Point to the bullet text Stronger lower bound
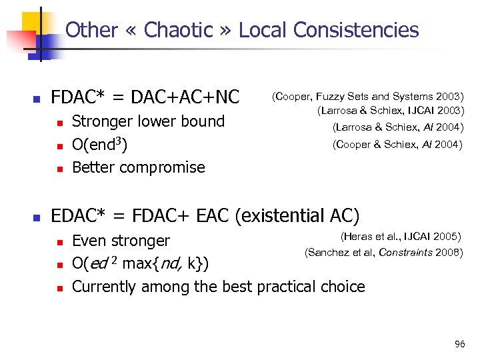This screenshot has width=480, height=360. (148, 121)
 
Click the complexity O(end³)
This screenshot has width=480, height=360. (99, 145)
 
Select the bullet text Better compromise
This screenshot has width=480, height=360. (138, 167)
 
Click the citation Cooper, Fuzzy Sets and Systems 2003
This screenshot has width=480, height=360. (367, 97)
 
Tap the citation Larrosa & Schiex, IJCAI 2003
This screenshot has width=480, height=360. (390, 111)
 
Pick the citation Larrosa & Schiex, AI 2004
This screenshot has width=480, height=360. (397, 128)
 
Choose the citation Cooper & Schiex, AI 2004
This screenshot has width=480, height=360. (397, 144)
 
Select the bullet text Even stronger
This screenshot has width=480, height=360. (121, 240)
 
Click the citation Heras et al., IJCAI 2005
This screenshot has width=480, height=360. (401, 236)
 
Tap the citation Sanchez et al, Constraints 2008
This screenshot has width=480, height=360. (383, 253)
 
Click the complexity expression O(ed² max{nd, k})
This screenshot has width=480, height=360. (140, 264)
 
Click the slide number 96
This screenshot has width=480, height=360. (459, 344)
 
